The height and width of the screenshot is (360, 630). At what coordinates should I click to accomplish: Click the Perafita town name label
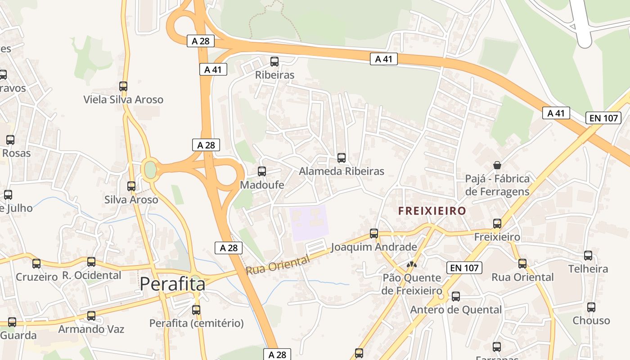[x=172, y=284]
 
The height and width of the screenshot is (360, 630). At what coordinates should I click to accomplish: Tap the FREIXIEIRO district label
[x=432, y=211]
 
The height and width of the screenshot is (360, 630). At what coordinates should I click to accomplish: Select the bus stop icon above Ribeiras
[x=274, y=62]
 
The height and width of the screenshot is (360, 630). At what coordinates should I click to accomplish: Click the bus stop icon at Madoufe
[x=261, y=171]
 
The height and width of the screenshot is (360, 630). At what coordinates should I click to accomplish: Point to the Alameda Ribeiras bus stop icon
[x=342, y=158]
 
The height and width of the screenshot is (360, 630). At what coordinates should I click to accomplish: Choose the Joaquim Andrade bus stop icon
[x=374, y=234]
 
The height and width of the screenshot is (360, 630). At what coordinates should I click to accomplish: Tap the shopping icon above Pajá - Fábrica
[x=497, y=165]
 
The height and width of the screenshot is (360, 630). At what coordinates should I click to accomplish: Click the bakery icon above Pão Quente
[x=411, y=265]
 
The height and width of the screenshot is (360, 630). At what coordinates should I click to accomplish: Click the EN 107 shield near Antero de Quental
[x=464, y=268]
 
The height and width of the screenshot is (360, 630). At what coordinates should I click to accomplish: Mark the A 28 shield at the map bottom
[x=277, y=354]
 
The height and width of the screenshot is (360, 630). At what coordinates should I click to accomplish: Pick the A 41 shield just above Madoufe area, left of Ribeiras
[x=213, y=69]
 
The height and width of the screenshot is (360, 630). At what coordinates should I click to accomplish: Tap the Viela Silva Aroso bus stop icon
[x=123, y=86]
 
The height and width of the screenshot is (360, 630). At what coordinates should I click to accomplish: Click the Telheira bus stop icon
[x=588, y=256]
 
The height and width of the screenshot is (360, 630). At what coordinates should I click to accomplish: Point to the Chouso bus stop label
[x=591, y=320]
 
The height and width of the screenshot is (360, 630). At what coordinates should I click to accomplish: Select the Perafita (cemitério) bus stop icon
[x=196, y=310]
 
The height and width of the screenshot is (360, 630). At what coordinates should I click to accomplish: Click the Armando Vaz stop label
[x=91, y=329]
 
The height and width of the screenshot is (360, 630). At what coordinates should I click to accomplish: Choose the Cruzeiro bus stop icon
[x=36, y=264]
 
